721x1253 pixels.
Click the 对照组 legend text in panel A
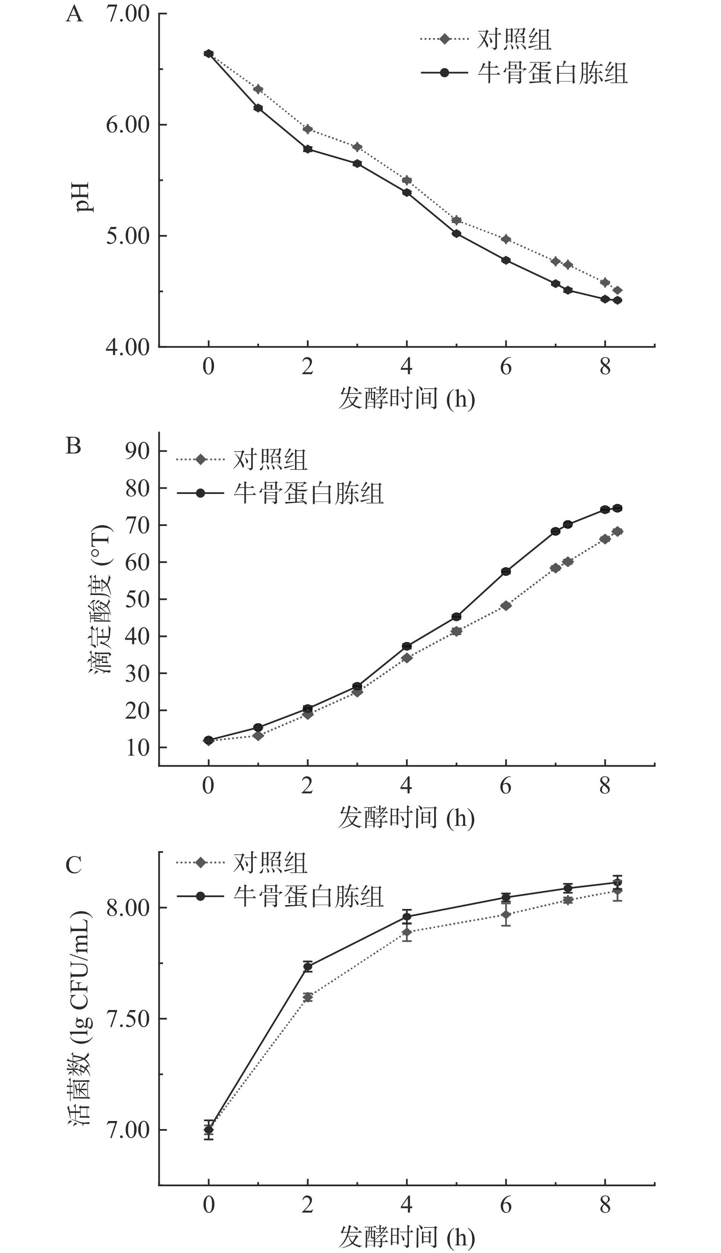(514, 39)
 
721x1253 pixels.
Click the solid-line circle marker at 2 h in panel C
(307, 967)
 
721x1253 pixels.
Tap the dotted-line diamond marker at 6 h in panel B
(505, 605)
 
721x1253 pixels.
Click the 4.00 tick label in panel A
(127, 347)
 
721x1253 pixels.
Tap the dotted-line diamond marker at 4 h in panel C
(407, 933)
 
